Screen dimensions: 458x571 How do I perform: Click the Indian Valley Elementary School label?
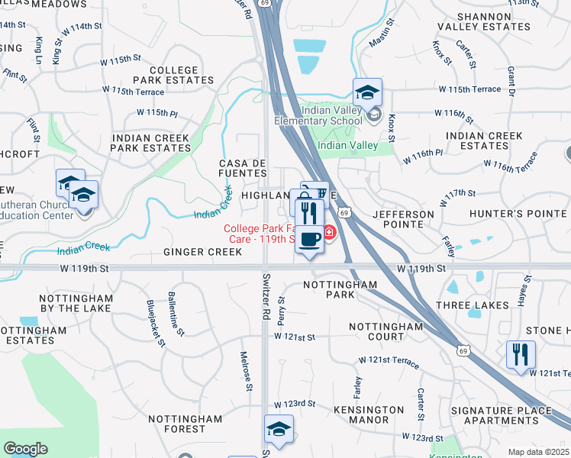[x=331, y=115]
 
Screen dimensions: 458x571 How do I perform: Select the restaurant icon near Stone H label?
[x=521, y=355]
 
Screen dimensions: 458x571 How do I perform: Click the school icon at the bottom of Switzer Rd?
[x=279, y=429]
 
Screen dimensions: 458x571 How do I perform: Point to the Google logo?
[x=25, y=449]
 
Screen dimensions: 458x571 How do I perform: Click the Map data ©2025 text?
[x=537, y=452]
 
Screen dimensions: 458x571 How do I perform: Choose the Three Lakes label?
[x=472, y=305]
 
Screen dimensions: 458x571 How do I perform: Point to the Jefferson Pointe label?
[x=403, y=219]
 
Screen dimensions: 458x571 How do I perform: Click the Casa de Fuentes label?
[x=243, y=169]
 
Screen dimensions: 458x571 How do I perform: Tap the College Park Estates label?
[x=165, y=75]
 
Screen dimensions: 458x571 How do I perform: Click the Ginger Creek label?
[x=192, y=252]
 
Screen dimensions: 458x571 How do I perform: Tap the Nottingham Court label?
[x=376, y=331]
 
